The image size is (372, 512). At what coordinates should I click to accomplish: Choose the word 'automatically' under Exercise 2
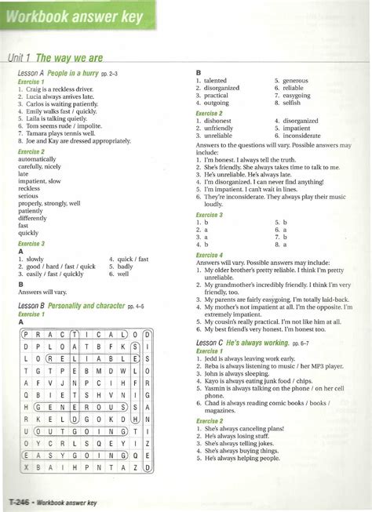point(37,159)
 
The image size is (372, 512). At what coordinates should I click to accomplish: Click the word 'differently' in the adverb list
point(32,218)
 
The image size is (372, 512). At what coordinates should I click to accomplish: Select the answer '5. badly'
point(122,267)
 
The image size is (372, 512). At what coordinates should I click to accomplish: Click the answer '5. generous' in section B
point(291,81)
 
